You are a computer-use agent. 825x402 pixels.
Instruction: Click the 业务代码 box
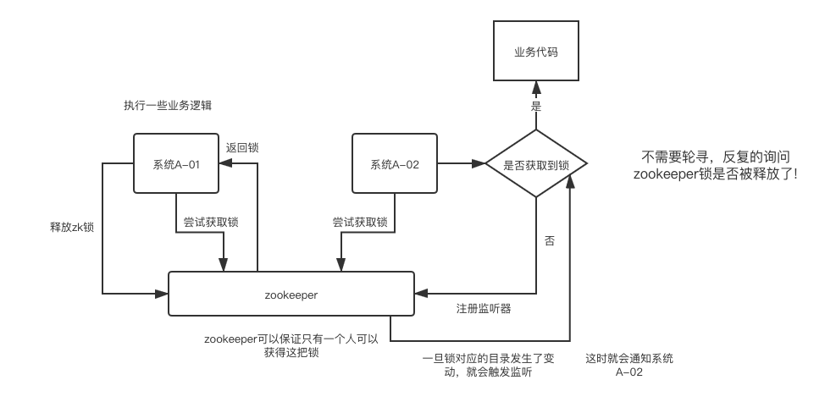point(535,52)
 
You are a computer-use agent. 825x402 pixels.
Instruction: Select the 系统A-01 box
point(176,164)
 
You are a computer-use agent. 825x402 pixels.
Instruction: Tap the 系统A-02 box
point(395,164)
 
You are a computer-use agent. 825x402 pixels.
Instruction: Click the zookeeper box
point(291,295)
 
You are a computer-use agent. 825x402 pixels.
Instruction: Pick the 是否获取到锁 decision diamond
point(535,164)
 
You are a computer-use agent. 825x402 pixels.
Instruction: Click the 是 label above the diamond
point(535,106)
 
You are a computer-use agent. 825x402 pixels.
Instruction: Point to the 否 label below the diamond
point(549,241)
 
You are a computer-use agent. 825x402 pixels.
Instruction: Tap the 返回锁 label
point(242,147)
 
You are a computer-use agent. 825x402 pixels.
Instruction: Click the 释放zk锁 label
point(72,227)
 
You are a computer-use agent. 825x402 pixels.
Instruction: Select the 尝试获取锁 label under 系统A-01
point(211,223)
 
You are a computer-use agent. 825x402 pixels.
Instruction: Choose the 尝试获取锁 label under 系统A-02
point(360,223)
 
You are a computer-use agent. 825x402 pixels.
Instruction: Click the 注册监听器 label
point(483,307)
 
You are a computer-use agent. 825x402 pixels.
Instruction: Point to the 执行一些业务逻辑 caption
point(167,106)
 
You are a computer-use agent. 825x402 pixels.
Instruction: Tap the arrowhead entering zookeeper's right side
point(420,294)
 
